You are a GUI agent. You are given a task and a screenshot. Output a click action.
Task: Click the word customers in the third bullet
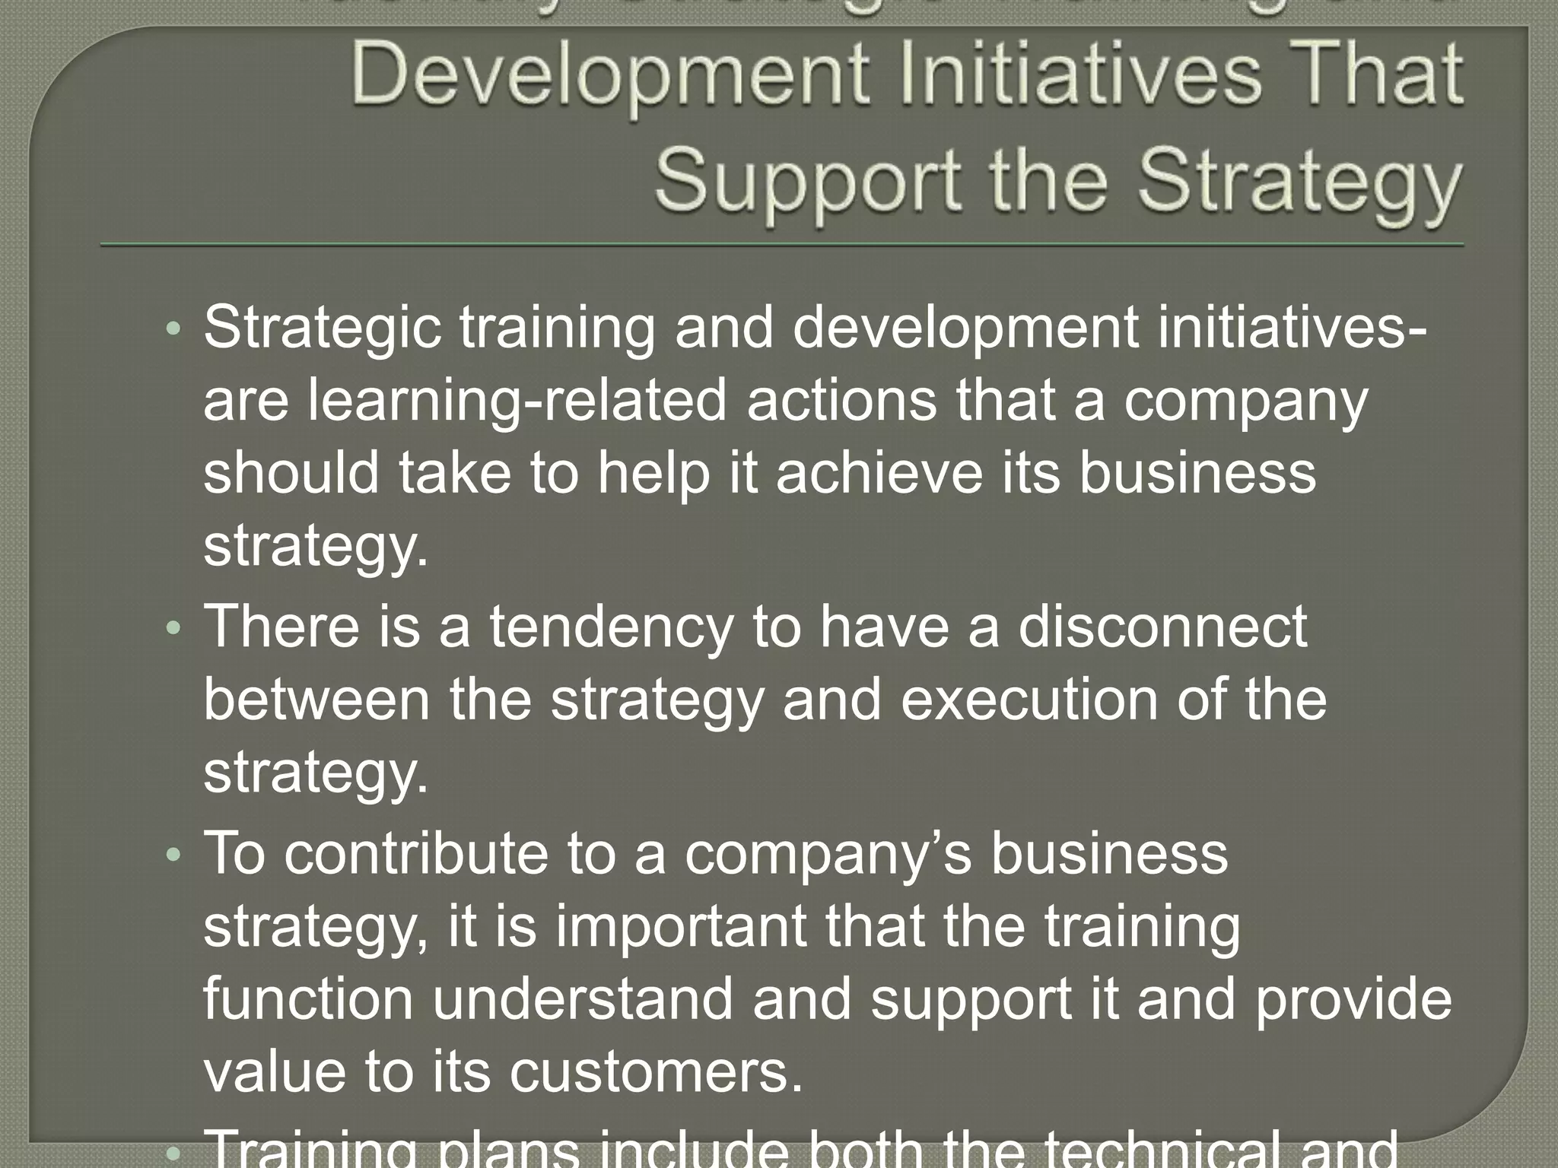(x=655, y=1072)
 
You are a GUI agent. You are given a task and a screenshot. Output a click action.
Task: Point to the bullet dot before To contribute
(x=174, y=855)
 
